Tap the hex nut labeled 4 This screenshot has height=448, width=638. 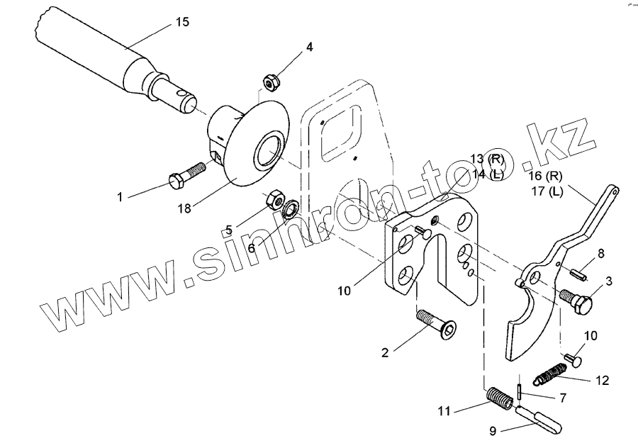tap(269, 82)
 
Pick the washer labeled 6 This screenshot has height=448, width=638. tap(291, 210)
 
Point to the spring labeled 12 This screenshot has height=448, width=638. tap(550, 372)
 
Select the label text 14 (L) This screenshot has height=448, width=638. tap(487, 174)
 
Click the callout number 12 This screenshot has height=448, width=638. tap(602, 381)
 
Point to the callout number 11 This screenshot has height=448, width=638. tap(444, 410)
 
